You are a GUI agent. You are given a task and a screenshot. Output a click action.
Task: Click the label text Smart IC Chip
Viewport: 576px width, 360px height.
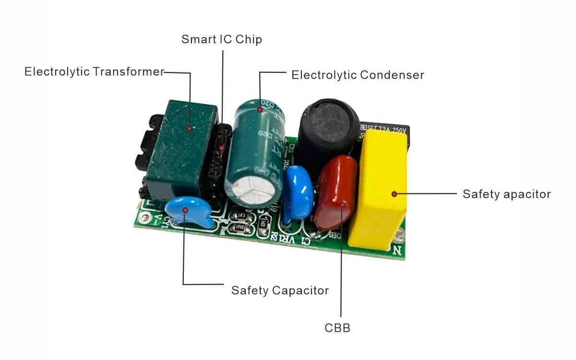tap(222, 39)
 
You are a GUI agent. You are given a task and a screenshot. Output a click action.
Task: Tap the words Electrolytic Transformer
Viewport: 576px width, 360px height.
tap(95, 72)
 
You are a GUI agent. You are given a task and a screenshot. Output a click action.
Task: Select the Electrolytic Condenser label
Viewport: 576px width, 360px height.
tap(358, 75)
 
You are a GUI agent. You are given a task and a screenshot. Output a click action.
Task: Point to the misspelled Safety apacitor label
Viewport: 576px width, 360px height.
tap(506, 194)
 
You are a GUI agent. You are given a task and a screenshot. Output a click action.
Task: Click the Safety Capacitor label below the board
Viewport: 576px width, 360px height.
tap(280, 290)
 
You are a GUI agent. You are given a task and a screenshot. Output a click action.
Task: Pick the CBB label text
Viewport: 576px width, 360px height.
tap(337, 328)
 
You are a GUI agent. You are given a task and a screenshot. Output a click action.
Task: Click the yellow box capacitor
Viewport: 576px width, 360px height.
tap(379, 192)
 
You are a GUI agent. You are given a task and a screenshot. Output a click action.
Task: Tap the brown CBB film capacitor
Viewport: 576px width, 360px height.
tap(336, 192)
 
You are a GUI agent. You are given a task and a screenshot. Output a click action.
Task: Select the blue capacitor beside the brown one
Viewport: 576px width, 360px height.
tap(298, 192)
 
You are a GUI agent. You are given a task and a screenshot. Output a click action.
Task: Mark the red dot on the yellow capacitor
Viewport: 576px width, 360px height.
tap(394, 194)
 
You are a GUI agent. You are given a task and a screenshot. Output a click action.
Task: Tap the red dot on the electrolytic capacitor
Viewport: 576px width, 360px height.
tap(260, 110)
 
